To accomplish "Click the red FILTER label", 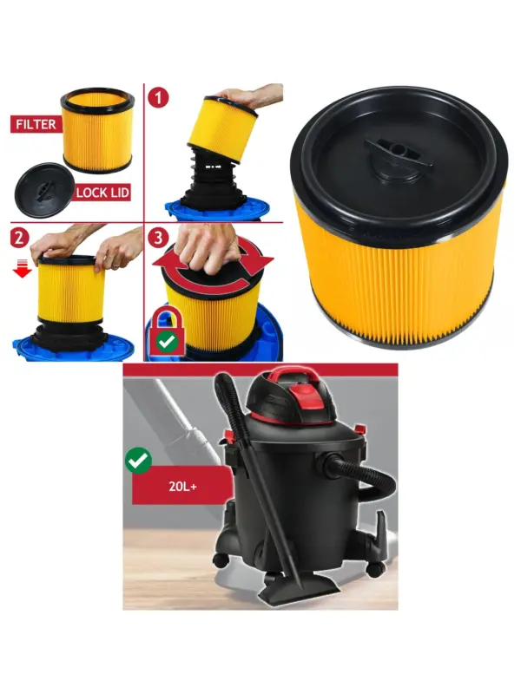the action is tap(36, 124).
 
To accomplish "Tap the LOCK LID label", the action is tap(102, 192).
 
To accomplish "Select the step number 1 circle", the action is tap(158, 97).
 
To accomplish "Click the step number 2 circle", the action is tap(19, 238).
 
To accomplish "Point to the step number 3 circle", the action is tap(158, 238).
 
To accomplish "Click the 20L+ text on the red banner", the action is tap(182, 487).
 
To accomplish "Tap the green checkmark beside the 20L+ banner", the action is tap(139, 462).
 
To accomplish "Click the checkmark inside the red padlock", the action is tap(167, 342).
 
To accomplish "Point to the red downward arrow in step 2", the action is tap(22, 269).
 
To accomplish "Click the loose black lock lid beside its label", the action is tap(43, 190).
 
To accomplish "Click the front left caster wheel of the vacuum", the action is tap(221, 560).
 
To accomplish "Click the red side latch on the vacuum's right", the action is tap(360, 429).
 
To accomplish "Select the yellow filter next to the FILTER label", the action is tap(97, 131).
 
